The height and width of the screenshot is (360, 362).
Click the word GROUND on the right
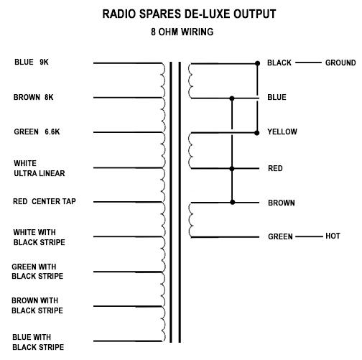pos(340,63)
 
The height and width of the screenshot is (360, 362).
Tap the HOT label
pos(333,236)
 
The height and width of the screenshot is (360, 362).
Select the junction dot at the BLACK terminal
pos(257,63)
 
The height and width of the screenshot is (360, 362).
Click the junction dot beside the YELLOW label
pos(256,133)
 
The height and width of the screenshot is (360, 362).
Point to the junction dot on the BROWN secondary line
pos(233,203)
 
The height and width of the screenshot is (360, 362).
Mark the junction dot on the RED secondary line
pos(232,169)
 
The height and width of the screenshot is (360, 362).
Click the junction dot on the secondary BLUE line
pos(232,98)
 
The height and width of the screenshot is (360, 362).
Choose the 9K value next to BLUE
pos(44,63)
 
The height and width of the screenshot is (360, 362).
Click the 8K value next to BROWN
pos(49,97)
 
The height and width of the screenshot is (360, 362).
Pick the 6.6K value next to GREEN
pos(52,131)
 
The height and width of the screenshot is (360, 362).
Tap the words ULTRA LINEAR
pos(40,173)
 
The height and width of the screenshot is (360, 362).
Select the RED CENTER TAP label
pos(45,201)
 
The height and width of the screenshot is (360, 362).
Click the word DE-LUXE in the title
pos(207,14)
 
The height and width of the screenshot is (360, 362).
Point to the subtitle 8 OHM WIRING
pos(182,32)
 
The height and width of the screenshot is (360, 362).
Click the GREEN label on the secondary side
pos(280,236)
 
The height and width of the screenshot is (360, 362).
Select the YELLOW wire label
pos(282,131)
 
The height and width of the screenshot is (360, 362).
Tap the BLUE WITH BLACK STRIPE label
pos(38,342)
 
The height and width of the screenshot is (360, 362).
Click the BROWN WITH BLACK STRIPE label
pos(37,305)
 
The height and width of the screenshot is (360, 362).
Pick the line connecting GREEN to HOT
pos(309,237)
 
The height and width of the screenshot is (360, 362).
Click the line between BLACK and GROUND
pos(308,63)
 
